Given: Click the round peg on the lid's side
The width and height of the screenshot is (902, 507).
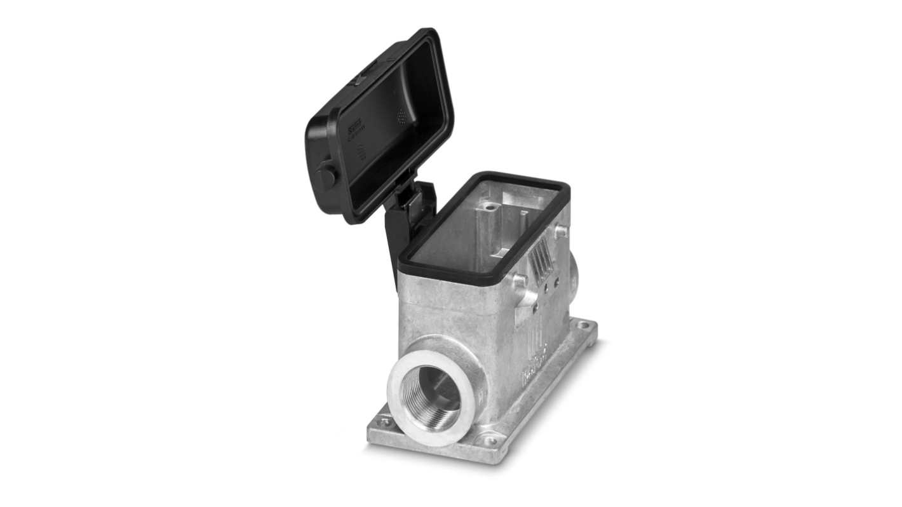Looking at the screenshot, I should click(x=326, y=176).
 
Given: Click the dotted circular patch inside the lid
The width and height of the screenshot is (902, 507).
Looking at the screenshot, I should click(x=401, y=115).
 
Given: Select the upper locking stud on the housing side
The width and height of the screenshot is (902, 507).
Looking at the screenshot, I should click(x=560, y=231).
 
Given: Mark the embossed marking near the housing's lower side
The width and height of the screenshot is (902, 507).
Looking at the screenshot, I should click(x=535, y=372).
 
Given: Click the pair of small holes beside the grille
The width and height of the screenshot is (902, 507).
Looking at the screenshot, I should click(x=551, y=283).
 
